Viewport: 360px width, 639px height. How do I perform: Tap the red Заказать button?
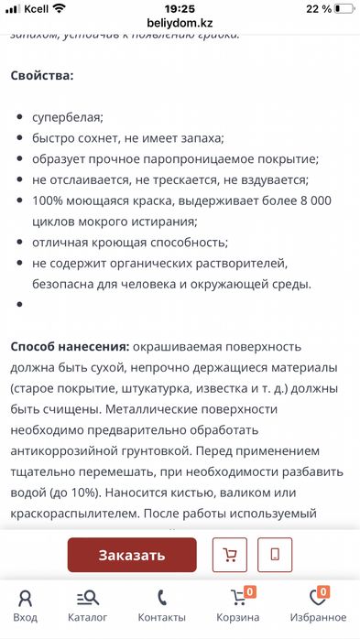click(x=132, y=555)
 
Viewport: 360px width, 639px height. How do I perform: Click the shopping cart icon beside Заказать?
click(x=230, y=555)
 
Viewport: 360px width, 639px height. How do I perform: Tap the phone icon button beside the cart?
click(x=275, y=555)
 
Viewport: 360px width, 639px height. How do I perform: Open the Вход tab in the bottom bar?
click(x=26, y=605)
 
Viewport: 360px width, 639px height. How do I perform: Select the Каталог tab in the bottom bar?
click(x=88, y=605)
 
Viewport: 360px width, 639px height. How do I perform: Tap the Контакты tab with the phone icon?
click(x=161, y=605)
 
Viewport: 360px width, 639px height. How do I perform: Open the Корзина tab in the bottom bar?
click(x=238, y=605)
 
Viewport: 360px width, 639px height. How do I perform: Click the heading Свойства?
click(x=42, y=75)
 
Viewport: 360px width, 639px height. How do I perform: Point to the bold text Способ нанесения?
click(x=69, y=348)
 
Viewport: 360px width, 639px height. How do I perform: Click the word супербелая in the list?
click(x=68, y=117)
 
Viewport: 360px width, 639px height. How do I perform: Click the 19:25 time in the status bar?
click(x=180, y=7)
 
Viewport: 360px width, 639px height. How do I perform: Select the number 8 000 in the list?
click(x=312, y=200)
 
